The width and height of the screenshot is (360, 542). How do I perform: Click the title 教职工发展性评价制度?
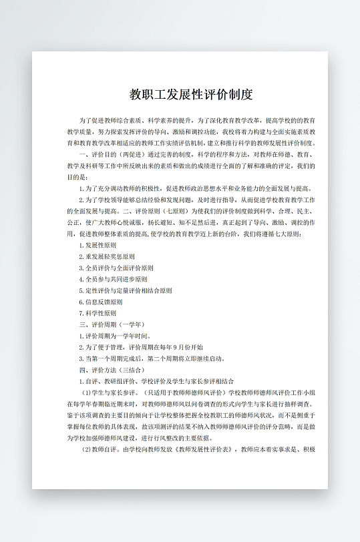(x=191, y=94)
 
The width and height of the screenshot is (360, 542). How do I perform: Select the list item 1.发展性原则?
(x=98, y=245)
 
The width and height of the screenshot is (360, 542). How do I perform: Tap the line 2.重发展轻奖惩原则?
(x=107, y=256)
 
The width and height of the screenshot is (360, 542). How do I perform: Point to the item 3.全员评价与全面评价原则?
(x=116, y=268)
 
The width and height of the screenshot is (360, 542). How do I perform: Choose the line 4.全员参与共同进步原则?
(x=114, y=279)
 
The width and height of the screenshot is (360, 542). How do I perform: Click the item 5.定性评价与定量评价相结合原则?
(x=126, y=290)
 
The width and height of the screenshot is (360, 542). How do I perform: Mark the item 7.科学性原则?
(x=98, y=313)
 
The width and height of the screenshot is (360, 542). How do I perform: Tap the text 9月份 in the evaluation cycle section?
(x=183, y=347)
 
